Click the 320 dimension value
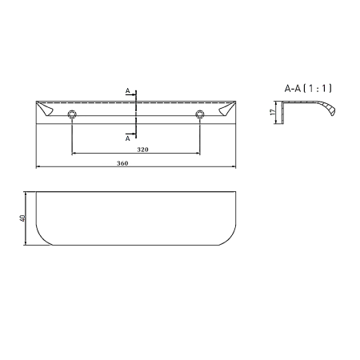coord(142,150)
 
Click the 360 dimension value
coord(122,163)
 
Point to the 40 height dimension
coord(22,218)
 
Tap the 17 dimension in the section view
coord(272,112)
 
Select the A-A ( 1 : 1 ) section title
coord(308,88)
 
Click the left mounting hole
coord(72,114)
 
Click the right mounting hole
coord(200,114)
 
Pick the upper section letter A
coord(128,91)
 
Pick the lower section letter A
coord(128,138)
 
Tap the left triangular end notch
coord(45,109)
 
